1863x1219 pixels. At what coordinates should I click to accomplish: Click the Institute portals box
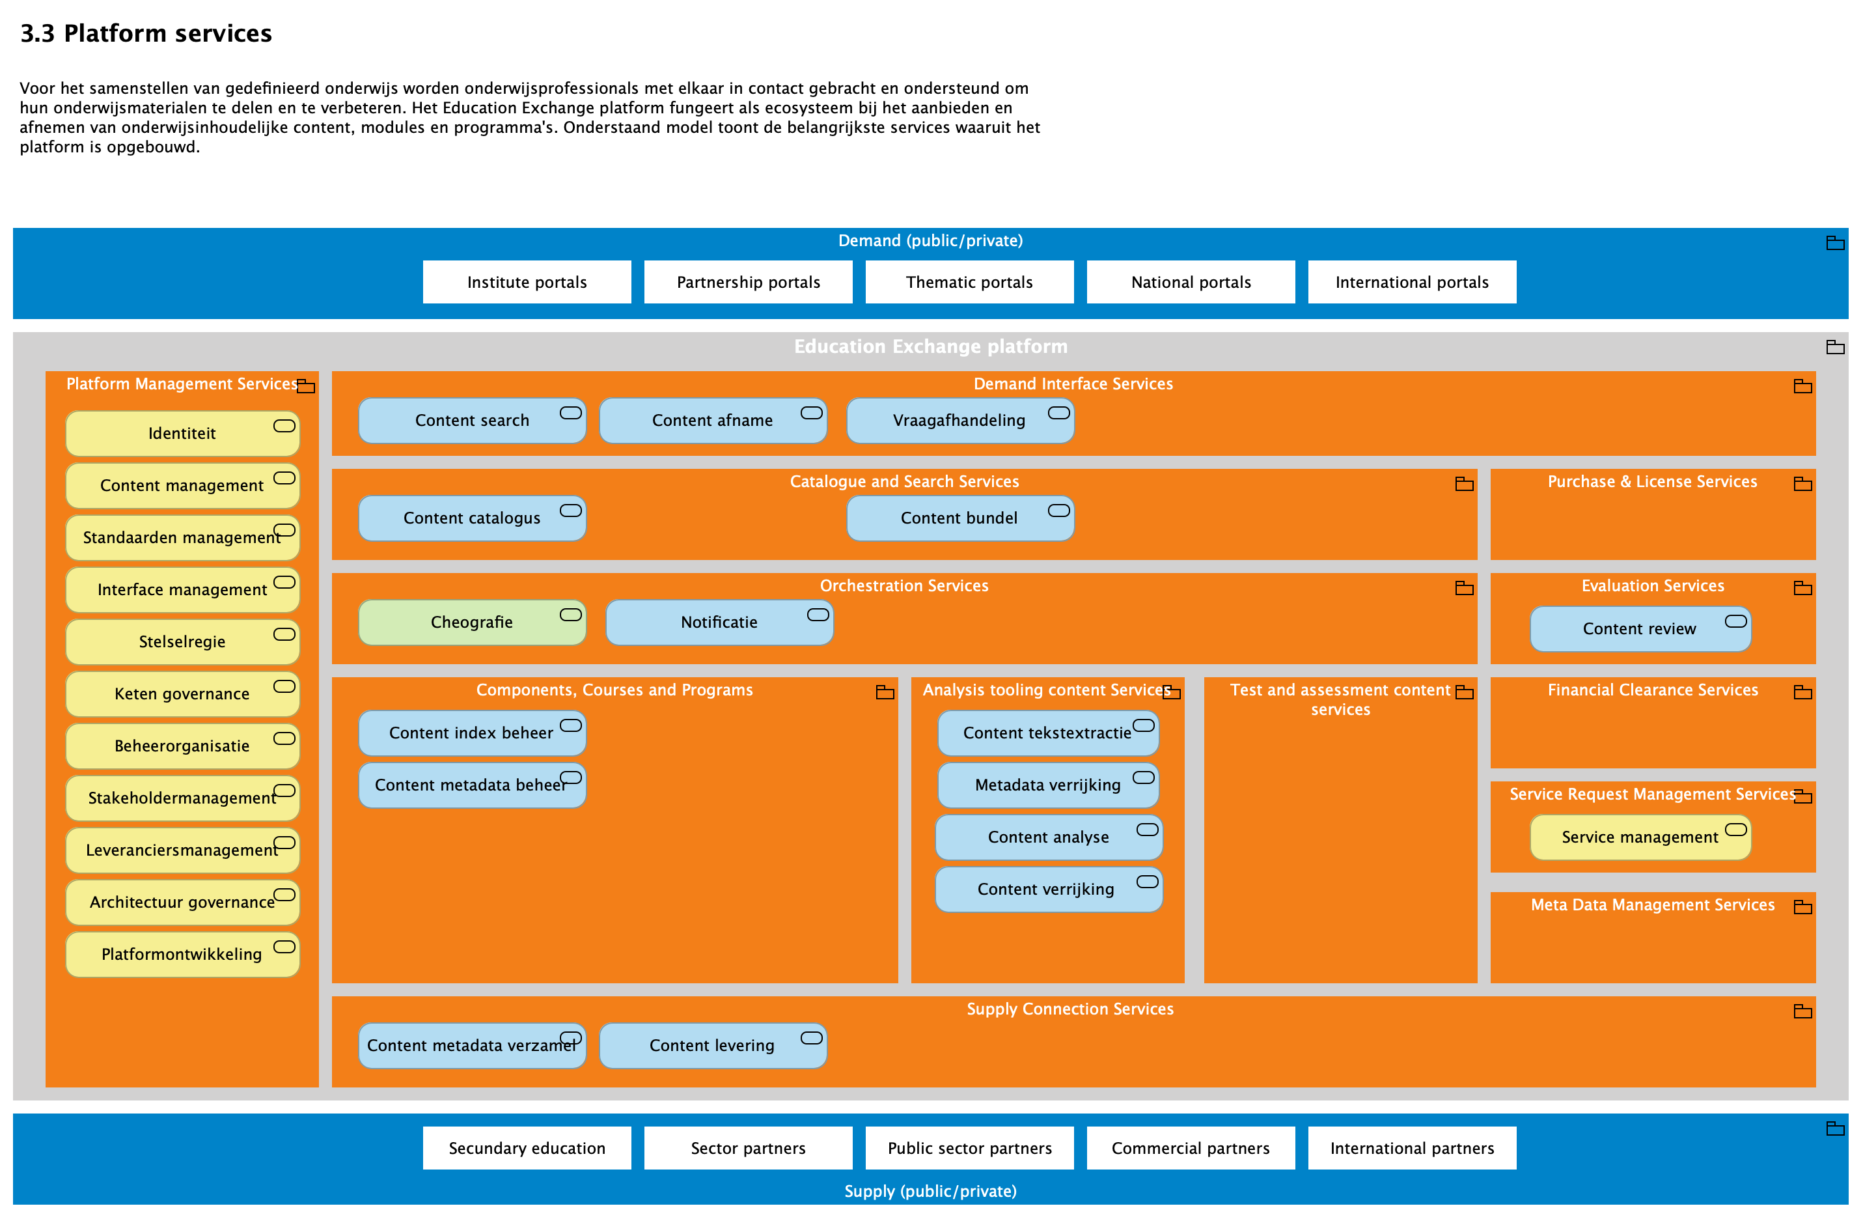(527, 282)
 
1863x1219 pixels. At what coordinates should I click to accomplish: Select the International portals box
(1411, 282)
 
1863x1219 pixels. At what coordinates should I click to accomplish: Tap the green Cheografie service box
(471, 623)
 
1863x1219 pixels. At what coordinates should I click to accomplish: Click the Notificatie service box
(719, 623)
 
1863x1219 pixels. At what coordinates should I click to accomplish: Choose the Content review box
(1639, 628)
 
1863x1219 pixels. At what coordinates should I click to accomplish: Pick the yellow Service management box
(1639, 837)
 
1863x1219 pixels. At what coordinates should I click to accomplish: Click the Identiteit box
(182, 433)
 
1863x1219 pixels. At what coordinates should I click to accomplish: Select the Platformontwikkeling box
(182, 953)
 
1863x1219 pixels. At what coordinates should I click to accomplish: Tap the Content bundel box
(959, 518)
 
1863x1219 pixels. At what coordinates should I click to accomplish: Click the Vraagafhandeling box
(959, 421)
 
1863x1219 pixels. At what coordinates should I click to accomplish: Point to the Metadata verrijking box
(1047, 785)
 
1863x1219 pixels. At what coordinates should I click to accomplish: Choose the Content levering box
(711, 1045)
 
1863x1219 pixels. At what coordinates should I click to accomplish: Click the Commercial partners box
(1190, 1148)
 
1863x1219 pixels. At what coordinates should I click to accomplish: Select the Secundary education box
(527, 1148)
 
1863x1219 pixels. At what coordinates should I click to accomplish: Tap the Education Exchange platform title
(930, 346)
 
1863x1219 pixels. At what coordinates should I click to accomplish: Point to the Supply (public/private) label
(930, 1191)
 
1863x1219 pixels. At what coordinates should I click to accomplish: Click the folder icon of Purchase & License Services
(1802, 484)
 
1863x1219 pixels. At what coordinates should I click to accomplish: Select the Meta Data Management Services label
(1651, 904)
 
